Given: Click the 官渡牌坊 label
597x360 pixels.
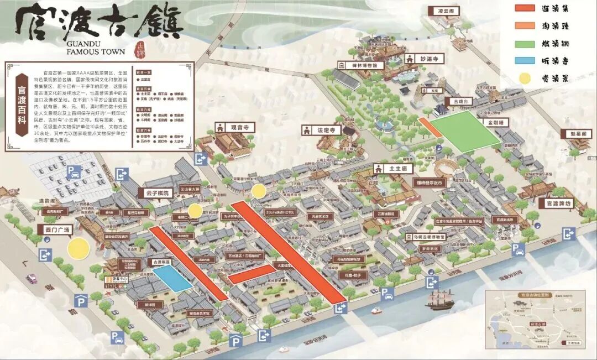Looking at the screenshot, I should coord(558,203).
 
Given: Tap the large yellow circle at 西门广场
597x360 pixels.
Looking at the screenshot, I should coord(78,249).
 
